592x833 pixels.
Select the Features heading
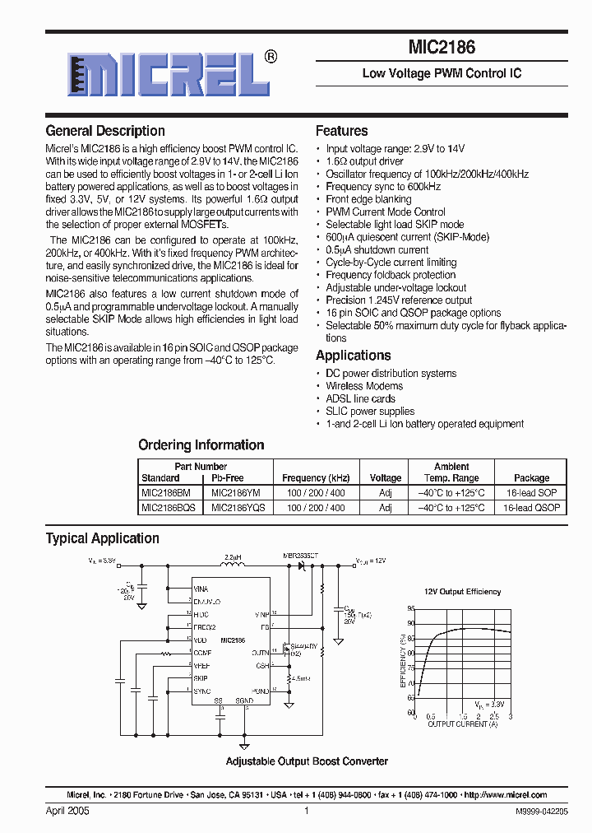(x=341, y=131)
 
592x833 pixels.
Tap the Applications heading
(x=353, y=356)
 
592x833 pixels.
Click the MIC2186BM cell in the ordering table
(x=166, y=492)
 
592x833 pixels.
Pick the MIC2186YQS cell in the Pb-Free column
(x=238, y=508)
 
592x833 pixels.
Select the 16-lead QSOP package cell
(x=531, y=508)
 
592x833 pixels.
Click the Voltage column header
(x=386, y=478)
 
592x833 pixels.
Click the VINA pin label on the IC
(x=201, y=589)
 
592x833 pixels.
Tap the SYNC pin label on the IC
(x=201, y=691)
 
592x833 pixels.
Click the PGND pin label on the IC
(x=260, y=691)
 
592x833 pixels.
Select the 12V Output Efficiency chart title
(x=462, y=592)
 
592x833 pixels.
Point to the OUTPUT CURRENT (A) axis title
(x=462, y=724)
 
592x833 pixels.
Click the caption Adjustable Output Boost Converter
(x=307, y=761)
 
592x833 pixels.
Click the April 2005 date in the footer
(x=67, y=811)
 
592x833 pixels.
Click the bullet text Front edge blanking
(x=368, y=199)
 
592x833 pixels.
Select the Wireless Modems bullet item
(x=364, y=386)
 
